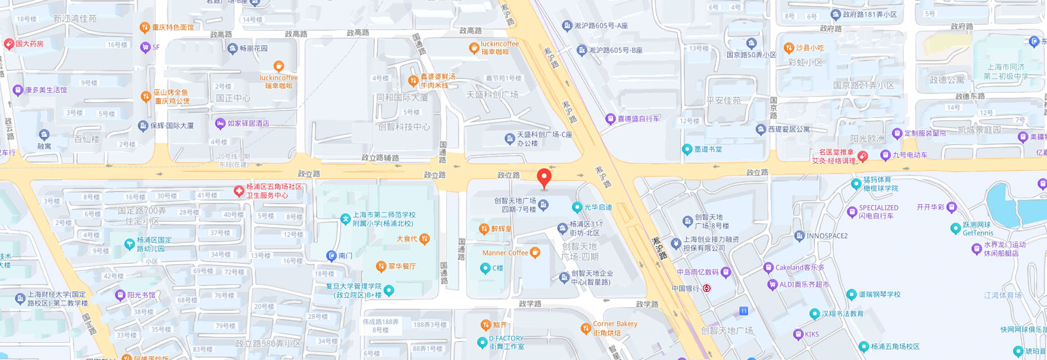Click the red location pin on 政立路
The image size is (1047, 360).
544,177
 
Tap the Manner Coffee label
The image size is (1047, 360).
505,253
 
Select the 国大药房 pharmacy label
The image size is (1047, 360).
29,44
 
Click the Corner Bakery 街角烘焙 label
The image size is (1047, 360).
614,328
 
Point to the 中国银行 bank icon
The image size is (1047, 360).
707,288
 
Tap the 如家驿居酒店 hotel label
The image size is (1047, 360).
248,123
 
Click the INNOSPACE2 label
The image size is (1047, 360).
826,236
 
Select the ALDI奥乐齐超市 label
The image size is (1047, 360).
804,285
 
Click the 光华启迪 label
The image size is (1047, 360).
597,207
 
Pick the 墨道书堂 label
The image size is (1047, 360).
708,149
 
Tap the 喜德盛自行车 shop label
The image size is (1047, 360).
638,119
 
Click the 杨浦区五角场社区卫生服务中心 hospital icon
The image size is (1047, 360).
239,191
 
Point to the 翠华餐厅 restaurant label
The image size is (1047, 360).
402,266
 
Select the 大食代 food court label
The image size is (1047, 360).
406,239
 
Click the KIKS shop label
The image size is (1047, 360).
811,334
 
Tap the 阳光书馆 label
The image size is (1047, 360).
141,295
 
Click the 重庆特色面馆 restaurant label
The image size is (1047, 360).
173,27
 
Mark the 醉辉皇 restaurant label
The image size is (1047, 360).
501,229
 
